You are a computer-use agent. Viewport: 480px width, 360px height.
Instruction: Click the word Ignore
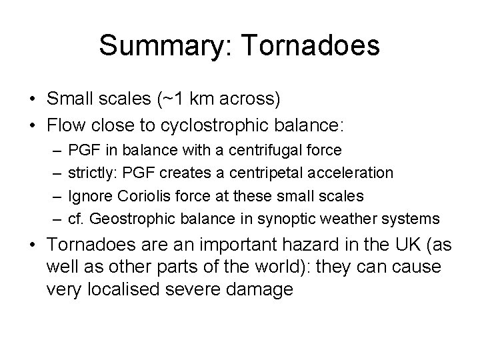[87, 196]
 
